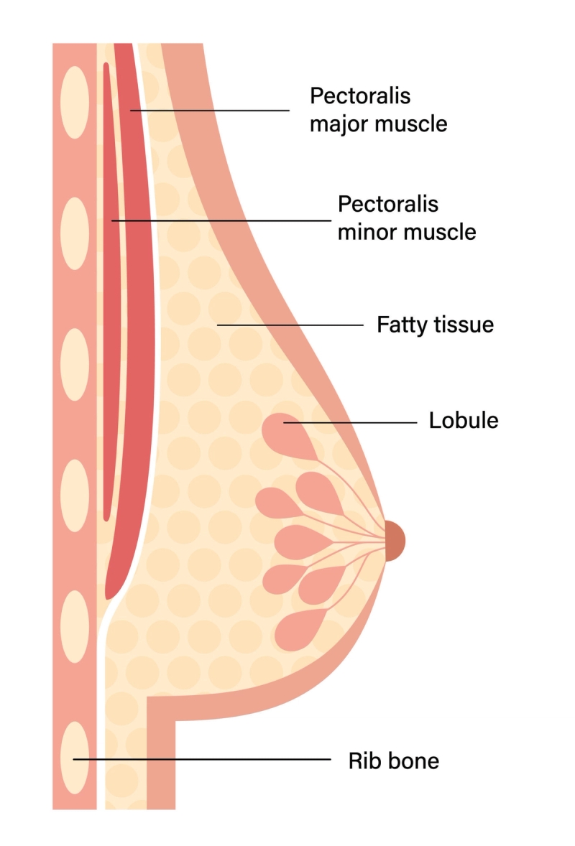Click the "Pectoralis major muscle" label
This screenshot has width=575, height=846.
(378, 110)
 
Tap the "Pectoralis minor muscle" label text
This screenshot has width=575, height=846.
(407, 218)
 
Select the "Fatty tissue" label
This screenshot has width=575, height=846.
(436, 325)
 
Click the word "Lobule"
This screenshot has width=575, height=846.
(464, 420)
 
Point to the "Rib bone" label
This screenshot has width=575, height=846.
(394, 761)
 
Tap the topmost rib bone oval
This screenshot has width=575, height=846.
(74, 101)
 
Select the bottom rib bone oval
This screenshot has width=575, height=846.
(74, 756)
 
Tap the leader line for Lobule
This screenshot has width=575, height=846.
(352, 423)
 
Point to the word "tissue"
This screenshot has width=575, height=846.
(464, 325)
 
